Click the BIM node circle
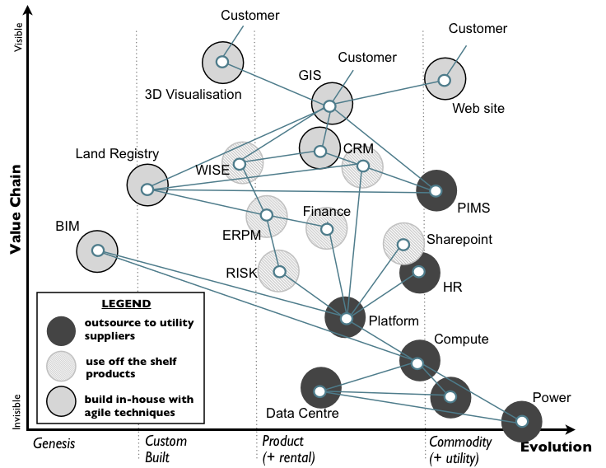97,250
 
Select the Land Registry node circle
147,189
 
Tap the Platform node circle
347,318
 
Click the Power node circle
523,421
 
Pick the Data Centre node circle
321,390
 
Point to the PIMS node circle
436,191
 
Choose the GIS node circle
330,105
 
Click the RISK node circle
279,271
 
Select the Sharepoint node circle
403,244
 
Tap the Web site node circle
445,80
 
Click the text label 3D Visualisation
193,94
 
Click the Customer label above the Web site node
478,29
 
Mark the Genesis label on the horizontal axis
54,442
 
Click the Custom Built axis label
165,449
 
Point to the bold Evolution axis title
556,447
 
